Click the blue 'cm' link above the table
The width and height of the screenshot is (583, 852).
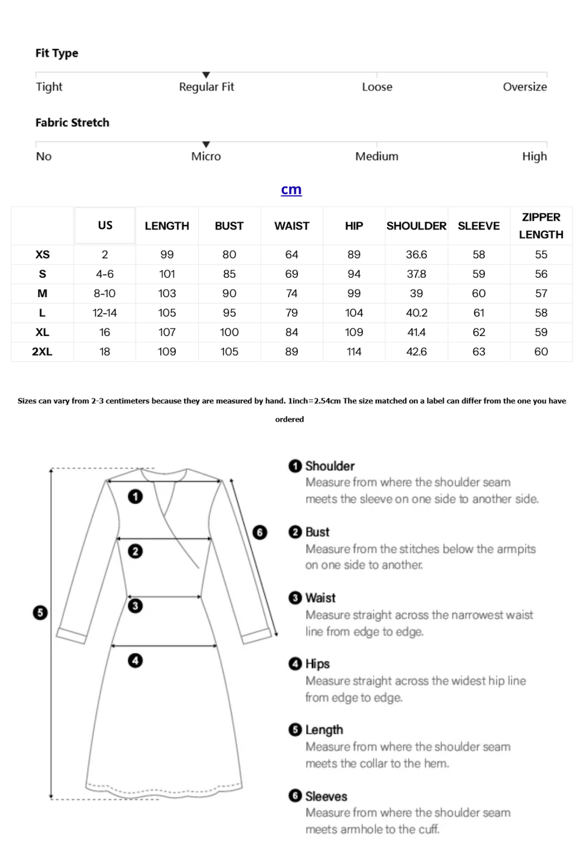[291, 190]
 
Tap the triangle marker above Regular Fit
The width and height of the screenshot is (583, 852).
[206, 75]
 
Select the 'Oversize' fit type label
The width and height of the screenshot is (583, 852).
[525, 87]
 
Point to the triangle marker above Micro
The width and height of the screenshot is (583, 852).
[206, 144]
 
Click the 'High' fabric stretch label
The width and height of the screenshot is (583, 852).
[534, 156]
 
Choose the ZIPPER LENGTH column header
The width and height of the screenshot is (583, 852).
[541, 226]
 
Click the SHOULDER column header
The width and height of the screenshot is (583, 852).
[416, 226]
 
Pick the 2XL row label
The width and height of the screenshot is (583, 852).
[42, 352]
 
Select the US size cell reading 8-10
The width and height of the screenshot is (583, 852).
[105, 294]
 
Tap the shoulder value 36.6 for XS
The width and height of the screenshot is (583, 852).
[416, 254]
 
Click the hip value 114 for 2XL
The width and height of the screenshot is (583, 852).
[354, 352]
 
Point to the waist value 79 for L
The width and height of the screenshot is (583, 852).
[291, 313]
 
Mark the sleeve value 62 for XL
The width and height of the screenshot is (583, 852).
[479, 333]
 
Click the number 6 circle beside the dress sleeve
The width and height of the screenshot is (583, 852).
[259, 532]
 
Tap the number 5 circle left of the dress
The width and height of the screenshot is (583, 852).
[40, 613]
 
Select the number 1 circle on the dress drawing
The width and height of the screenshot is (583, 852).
[135, 497]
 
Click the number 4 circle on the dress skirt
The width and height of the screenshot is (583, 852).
[135, 660]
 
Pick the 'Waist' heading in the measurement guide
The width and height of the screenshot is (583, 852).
[320, 598]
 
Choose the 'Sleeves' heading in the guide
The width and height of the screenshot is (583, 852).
[326, 796]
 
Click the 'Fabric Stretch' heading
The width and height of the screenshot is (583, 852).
[72, 122]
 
